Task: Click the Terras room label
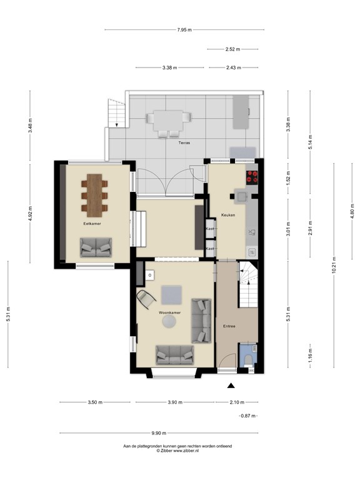184,143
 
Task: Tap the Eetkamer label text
92,223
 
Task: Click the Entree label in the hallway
229,326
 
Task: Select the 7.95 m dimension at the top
184,29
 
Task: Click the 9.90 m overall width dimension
159,432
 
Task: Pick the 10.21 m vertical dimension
334,267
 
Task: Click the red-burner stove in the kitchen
252,177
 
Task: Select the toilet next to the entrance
249,358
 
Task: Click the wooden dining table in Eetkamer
95,192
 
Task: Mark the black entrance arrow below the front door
231,386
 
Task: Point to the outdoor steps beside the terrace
116,114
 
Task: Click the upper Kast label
210,229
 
